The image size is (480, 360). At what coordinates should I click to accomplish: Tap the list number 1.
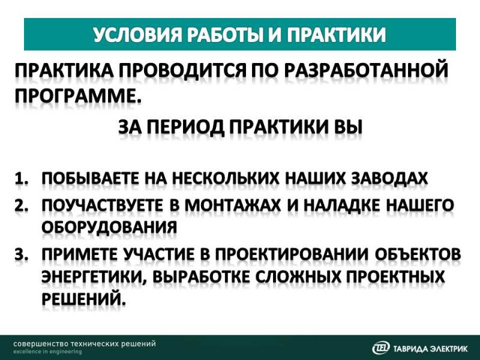[22, 179]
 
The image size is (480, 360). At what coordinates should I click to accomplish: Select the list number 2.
[22, 205]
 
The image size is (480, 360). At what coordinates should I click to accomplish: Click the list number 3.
[22, 254]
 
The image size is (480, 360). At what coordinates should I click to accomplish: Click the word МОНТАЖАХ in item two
[232, 205]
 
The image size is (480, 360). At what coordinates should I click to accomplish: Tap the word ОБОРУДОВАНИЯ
[109, 228]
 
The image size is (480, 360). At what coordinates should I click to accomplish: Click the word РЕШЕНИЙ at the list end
[83, 298]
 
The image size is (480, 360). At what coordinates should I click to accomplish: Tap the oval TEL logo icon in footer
[381, 348]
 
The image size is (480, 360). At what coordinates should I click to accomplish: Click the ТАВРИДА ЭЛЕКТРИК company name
[430, 349]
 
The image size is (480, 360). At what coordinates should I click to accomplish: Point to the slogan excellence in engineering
[47, 352]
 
